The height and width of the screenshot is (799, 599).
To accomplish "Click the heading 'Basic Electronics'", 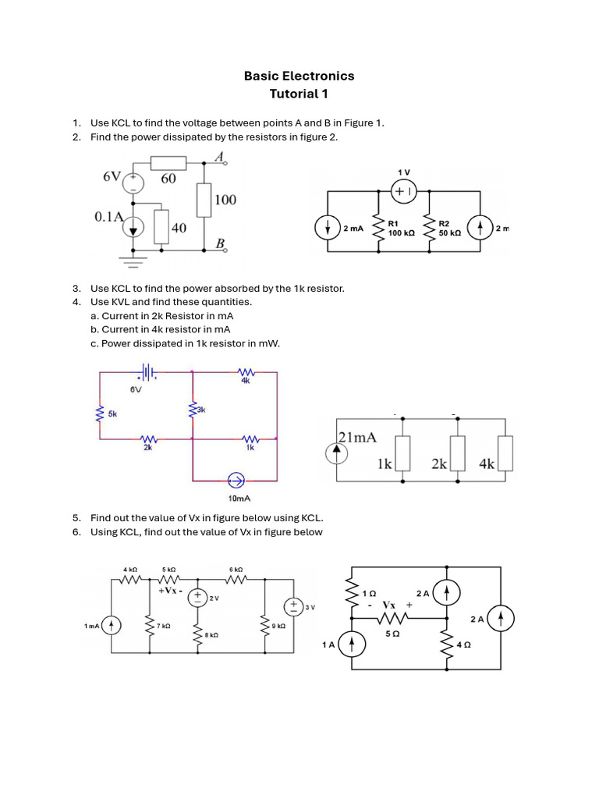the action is pos(299,76).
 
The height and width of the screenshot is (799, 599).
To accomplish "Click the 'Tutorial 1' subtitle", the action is pos(299,94).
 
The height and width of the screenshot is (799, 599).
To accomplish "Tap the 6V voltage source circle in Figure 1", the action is pos(133,182).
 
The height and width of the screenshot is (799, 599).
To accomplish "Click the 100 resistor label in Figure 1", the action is pos(225,200).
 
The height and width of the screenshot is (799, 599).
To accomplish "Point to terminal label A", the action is pos(220,157).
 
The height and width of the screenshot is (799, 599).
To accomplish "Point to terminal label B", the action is pos(220,243).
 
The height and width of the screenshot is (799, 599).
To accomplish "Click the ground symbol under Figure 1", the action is pos(133,262).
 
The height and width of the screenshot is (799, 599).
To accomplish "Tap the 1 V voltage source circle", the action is pos(405,192).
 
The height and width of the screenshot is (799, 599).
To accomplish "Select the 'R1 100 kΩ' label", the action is pos(402,229).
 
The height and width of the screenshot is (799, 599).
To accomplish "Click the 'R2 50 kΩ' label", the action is pos(450,229).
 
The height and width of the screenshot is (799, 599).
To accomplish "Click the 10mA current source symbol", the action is pos(236,480).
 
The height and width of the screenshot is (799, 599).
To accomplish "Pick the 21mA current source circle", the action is pos(337,455).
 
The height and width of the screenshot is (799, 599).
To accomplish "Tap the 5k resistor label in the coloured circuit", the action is pos(112,414).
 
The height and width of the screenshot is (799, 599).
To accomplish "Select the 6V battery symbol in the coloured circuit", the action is pos(146,372).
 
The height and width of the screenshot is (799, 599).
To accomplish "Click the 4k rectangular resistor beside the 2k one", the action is pos(505,453).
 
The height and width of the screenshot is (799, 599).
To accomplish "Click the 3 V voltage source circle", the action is pos(294,606).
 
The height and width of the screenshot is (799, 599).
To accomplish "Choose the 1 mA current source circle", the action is pos(112,625).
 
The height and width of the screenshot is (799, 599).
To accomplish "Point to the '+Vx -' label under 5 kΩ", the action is pos(170,591).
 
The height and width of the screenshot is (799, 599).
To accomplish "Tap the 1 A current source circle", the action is pos(352,644).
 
